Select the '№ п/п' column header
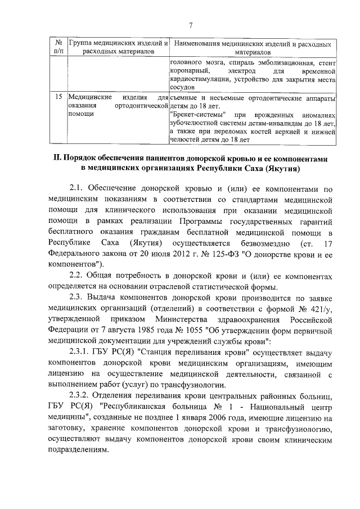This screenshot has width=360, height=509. tap(57, 47)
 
